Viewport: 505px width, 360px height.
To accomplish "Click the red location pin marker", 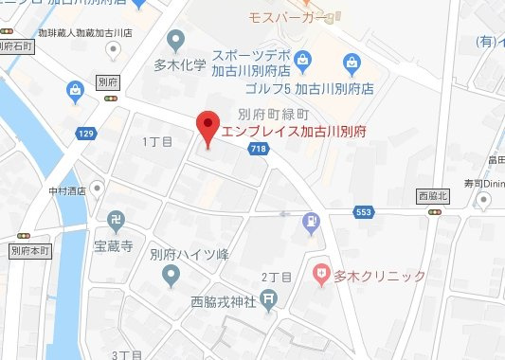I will point(207,129).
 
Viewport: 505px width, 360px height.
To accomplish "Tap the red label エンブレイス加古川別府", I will point(293,132).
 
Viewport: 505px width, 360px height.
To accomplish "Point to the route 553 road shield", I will point(363,212).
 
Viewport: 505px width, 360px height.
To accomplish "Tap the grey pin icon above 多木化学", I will point(174,41).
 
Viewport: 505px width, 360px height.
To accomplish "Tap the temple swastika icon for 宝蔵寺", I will point(117,220).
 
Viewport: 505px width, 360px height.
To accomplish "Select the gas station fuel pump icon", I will point(309,223).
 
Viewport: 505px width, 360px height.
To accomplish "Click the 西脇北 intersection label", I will point(435,195).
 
